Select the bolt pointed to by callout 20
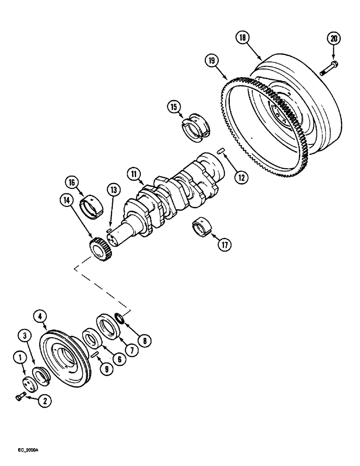coord(329,68)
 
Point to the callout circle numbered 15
coord(174,108)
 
